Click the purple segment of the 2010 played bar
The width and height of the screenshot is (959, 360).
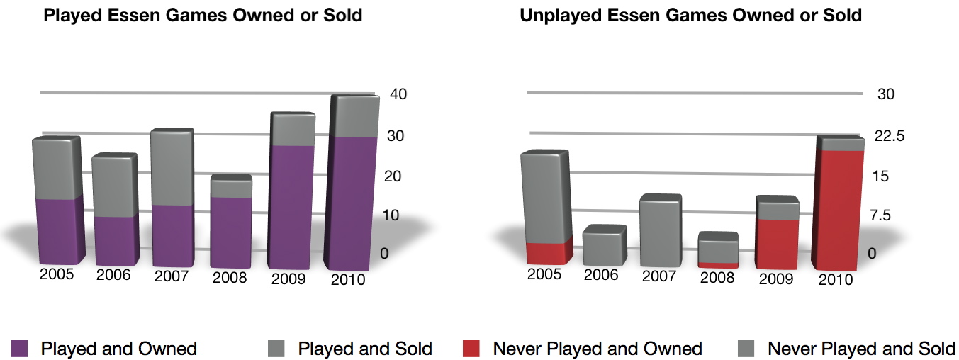click(351, 203)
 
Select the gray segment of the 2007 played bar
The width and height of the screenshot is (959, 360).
click(172, 167)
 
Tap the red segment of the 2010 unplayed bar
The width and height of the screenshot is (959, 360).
click(839, 210)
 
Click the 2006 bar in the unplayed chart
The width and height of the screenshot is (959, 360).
click(605, 245)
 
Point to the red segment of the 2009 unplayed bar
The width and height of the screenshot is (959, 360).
click(777, 244)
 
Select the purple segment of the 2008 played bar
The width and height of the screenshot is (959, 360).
click(231, 232)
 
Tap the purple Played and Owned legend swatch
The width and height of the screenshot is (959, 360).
click(19, 349)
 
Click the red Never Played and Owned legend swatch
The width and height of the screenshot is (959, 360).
click(471, 349)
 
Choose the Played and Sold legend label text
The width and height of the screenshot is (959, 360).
click(365, 349)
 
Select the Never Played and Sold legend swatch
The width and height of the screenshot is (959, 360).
click(746, 349)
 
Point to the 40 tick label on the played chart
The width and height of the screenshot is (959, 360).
click(398, 94)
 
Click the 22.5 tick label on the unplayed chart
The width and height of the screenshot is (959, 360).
click(890, 136)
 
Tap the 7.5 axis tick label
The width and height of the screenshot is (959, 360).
click(880, 215)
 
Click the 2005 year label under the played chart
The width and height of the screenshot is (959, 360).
click(57, 274)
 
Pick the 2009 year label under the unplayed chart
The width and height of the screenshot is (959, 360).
click(776, 279)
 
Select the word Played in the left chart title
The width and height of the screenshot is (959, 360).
click(73, 16)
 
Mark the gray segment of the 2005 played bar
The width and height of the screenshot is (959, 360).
click(57, 168)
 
